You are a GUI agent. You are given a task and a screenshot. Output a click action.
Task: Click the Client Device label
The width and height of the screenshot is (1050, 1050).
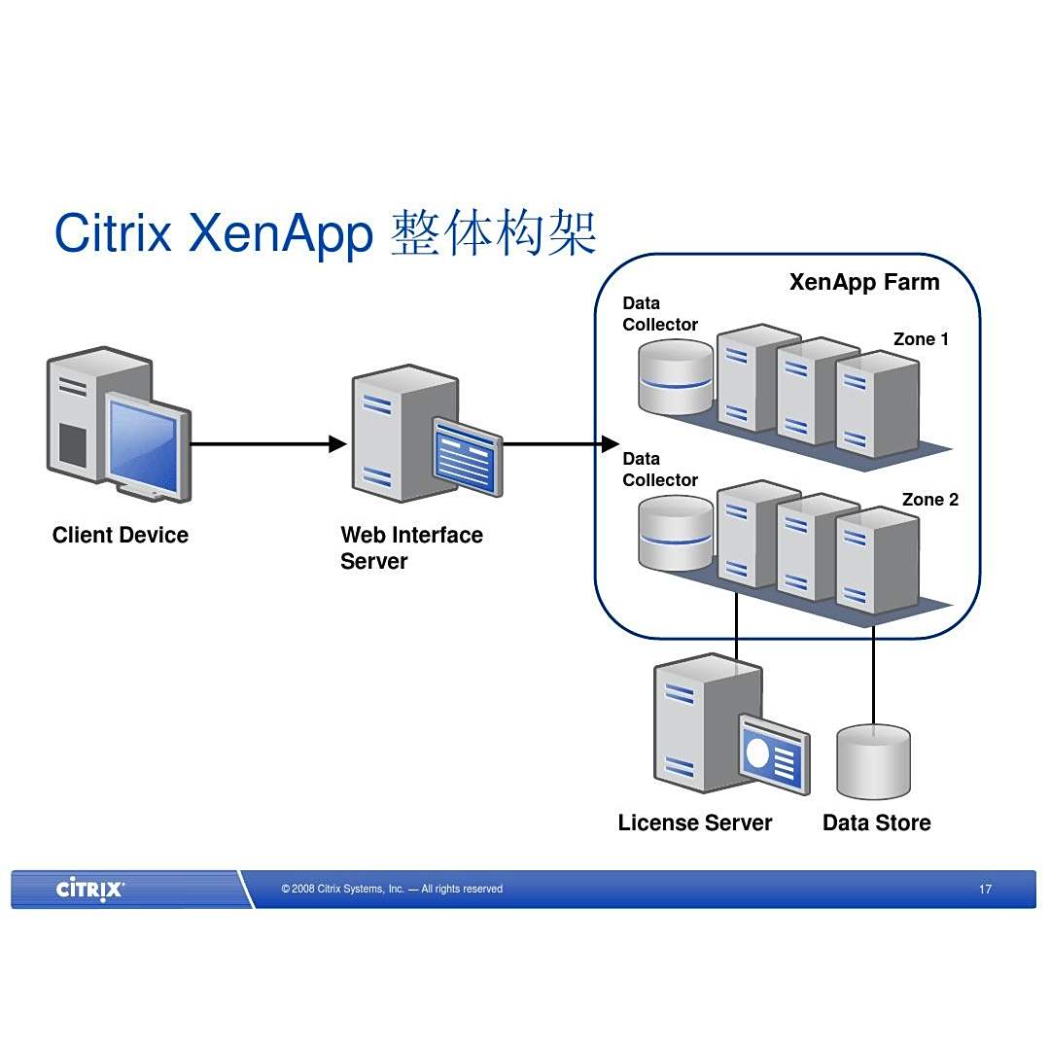pyautogui.click(x=121, y=535)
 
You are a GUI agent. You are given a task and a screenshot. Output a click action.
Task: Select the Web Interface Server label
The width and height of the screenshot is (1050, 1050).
pyautogui.click(x=411, y=548)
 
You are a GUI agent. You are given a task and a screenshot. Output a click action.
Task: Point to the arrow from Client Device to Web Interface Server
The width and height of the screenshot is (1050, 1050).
pyautogui.click(x=262, y=444)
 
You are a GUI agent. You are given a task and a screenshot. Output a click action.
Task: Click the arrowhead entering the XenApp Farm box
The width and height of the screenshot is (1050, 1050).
pyautogui.click(x=610, y=444)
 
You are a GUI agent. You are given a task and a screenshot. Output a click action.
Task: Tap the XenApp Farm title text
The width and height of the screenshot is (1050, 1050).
pyautogui.click(x=864, y=282)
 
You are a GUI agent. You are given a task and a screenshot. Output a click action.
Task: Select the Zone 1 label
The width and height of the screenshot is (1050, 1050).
pyautogui.click(x=921, y=339)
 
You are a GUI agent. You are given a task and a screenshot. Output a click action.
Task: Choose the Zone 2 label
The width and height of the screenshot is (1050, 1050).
pyautogui.click(x=929, y=500)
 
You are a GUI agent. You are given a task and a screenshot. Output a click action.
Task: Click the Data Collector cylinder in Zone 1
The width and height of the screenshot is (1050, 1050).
pyautogui.click(x=676, y=376)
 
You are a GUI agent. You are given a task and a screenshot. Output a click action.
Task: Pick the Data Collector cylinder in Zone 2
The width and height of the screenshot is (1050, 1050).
pyautogui.click(x=676, y=534)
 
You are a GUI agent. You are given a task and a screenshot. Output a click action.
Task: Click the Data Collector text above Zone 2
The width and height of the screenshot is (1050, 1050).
pyautogui.click(x=660, y=470)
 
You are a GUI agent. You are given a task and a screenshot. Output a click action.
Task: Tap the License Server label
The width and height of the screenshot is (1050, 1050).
pyautogui.click(x=695, y=822)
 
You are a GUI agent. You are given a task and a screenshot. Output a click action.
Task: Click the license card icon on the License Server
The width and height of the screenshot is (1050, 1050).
pyautogui.click(x=774, y=753)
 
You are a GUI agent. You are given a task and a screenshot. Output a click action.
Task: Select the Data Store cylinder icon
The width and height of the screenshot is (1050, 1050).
pyautogui.click(x=873, y=762)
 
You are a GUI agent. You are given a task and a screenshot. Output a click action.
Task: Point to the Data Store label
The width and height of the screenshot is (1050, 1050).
pyautogui.click(x=876, y=822)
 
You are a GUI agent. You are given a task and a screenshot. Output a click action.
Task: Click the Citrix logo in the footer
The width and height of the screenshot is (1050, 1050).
pyautogui.click(x=89, y=889)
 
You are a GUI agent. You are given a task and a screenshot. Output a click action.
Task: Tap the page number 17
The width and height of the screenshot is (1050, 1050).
pyautogui.click(x=985, y=889)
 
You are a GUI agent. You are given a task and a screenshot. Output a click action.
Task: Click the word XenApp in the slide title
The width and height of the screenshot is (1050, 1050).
pyautogui.click(x=281, y=233)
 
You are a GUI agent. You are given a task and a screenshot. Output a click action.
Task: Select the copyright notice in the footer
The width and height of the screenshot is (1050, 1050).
pyautogui.click(x=392, y=889)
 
